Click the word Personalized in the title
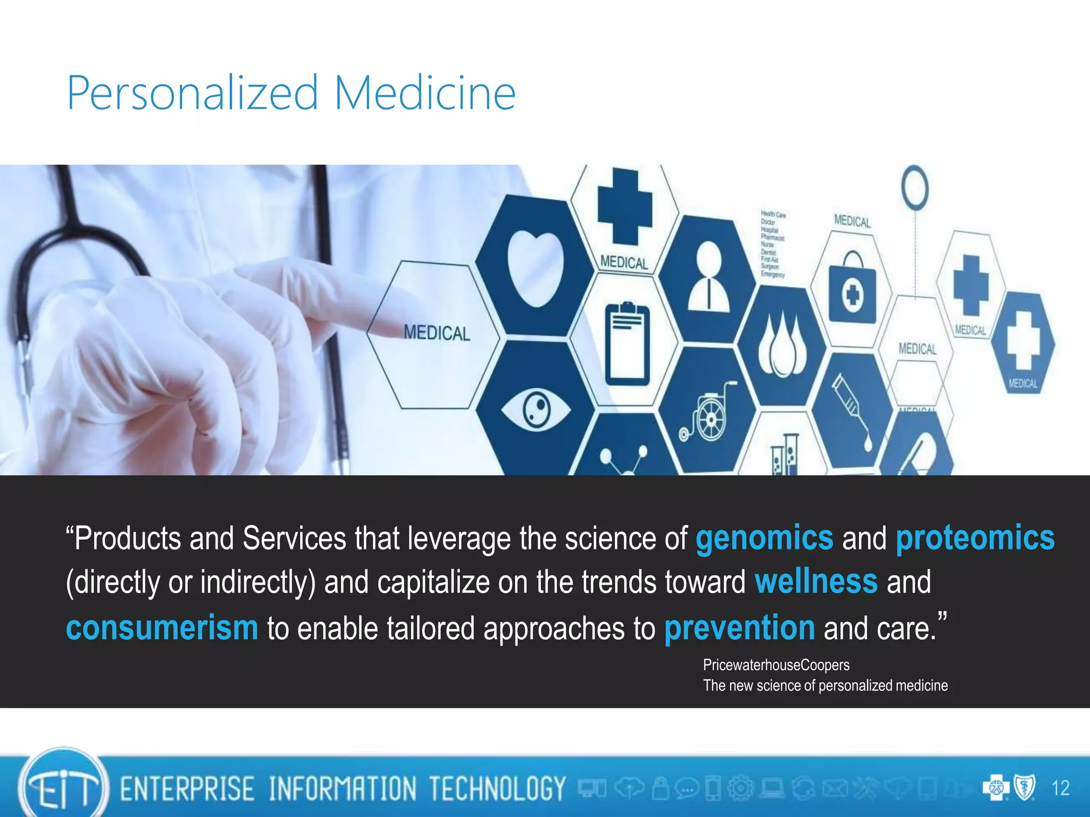(x=192, y=94)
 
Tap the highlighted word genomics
(x=764, y=538)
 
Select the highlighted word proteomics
(x=975, y=538)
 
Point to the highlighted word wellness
(x=816, y=582)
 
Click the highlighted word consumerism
(x=162, y=628)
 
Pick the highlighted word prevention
(x=739, y=628)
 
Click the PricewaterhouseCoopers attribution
(x=776, y=665)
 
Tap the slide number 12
(x=1060, y=788)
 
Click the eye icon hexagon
(x=535, y=410)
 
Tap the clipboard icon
(x=627, y=344)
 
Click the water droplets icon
(x=781, y=346)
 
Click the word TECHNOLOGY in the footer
(x=497, y=788)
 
